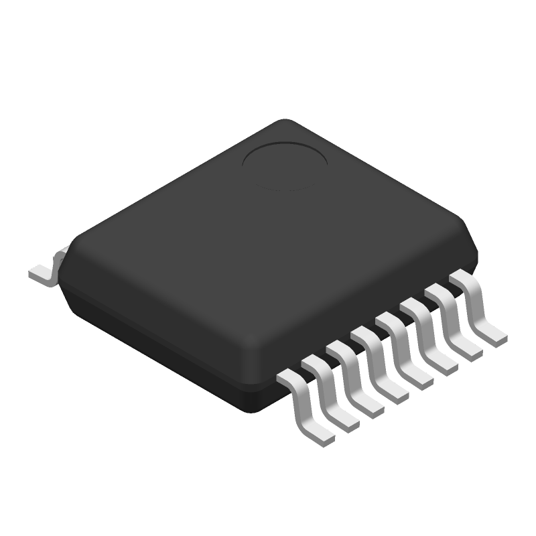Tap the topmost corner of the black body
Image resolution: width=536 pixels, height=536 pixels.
point(285,121)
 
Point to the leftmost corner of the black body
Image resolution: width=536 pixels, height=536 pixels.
point(67,251)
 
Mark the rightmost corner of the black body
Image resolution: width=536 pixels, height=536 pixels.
point(477,249)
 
